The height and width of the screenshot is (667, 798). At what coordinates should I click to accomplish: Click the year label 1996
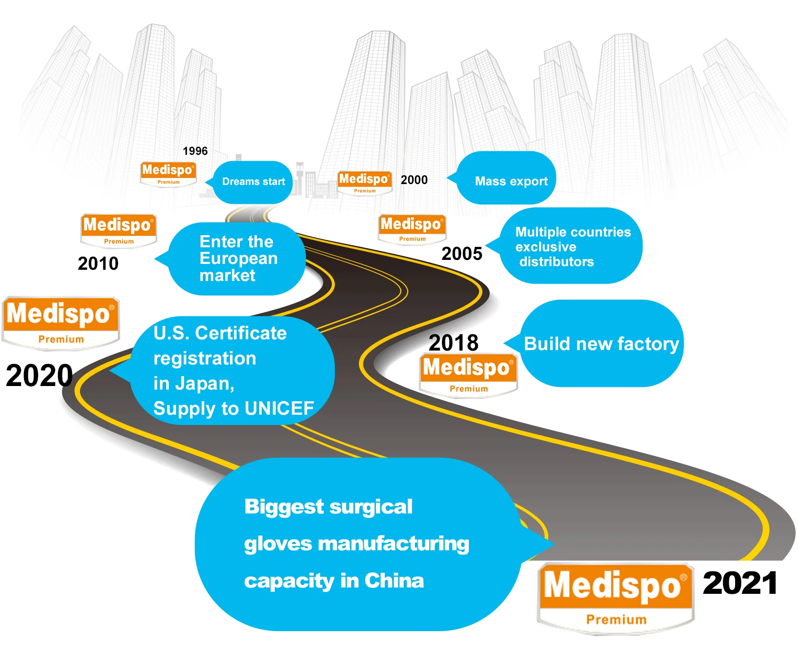click(195, 151)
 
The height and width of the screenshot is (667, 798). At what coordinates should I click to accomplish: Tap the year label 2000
click(414, 180)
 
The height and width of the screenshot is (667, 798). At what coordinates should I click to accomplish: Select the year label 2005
click(462, 254)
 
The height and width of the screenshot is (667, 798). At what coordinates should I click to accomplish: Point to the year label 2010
click(98, 263)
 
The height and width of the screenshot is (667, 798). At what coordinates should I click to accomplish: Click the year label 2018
click(453, 342)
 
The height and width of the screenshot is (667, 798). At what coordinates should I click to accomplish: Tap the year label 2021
click(740, 583)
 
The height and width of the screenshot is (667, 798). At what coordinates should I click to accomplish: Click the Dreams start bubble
click(253, 182)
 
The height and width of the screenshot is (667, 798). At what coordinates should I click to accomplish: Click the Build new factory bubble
click(601, 344)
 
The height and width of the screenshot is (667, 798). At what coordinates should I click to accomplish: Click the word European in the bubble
click(238, 259)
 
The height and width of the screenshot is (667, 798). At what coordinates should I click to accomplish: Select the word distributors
click(556, 262)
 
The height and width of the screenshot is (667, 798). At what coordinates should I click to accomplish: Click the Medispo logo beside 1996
click(168, 174)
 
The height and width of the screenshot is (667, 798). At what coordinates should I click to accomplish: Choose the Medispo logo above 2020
click(60, 323)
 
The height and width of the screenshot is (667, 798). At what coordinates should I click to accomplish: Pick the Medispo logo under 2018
click(468, 375)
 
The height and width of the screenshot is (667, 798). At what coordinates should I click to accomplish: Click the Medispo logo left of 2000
click(364, 182)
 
